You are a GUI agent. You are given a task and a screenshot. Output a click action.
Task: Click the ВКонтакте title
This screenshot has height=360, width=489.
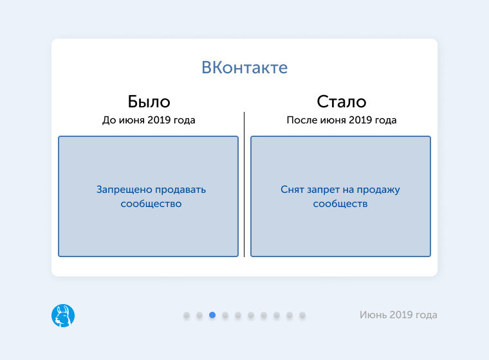click(x=244, y=67)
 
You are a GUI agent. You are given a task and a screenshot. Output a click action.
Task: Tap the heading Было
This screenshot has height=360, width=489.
click(x=149, y=102)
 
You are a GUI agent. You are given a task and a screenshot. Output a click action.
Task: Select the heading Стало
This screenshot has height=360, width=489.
click(x=341, y=102)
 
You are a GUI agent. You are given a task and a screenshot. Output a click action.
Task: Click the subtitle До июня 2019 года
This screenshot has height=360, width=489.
click(x=149, y=120)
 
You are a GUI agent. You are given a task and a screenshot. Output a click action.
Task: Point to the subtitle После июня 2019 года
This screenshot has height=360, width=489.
click(x=341, y=120)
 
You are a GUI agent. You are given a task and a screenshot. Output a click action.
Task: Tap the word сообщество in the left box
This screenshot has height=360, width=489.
click(x=151, y=204)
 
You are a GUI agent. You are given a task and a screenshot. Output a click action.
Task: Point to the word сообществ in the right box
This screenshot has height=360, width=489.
click(x=340, y=204)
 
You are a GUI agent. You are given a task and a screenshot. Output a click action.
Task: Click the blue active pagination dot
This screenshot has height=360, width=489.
click(x=212, y=315)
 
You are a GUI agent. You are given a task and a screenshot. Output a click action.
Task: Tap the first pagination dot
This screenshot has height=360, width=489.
click(x=187, y=315)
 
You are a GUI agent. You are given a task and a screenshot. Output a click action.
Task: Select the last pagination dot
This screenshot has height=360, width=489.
click(x=302, y=315)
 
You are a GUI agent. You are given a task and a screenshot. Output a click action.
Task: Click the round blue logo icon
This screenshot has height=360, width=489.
click(x=63, y=315)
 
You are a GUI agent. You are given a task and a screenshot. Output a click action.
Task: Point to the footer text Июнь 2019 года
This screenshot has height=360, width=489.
click(x=398, y=315)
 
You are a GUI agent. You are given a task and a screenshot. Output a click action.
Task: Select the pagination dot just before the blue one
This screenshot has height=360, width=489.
click(x=199, y=315)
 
